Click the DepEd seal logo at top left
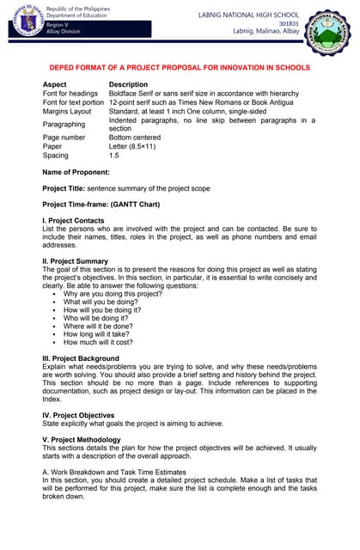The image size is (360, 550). click(21, 19)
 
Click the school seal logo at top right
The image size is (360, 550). click(332, 30)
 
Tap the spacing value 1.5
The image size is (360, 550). click(114, 156)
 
